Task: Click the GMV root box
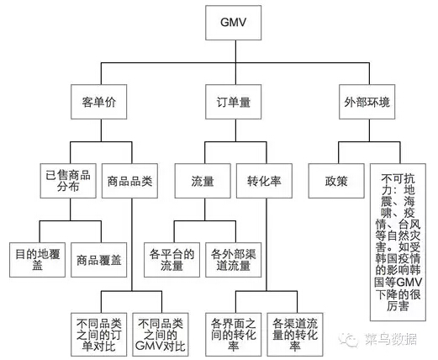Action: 233,23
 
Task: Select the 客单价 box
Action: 98,102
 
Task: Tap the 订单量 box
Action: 233,102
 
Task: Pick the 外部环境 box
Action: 367,102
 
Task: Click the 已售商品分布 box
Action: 68,181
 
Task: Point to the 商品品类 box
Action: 129,181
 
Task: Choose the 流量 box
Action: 203,181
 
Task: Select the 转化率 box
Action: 264,181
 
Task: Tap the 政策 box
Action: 336,181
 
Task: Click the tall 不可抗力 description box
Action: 398,242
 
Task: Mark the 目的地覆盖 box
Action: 38,260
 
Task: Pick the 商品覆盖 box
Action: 98,260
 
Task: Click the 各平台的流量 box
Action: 172,260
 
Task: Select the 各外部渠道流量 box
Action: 233,260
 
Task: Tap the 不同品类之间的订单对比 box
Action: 98,335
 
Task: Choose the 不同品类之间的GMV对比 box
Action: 161,335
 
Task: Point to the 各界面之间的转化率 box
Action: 233,335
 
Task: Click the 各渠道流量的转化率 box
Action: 295,335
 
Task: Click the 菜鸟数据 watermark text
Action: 390,339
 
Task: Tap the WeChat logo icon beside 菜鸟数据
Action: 348,339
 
